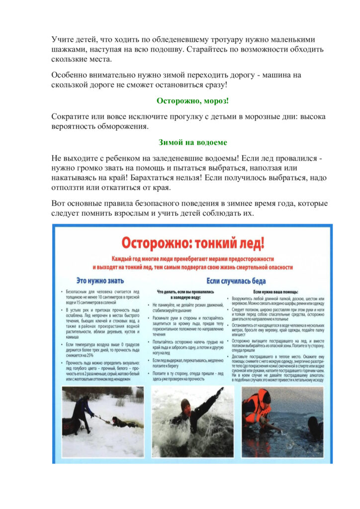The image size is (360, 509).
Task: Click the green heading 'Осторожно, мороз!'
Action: [x=192, y=101]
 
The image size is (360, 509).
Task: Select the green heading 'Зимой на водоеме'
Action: [x=192, y=142]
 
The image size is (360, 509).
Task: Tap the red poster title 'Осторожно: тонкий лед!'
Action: [x=193, y=243]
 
